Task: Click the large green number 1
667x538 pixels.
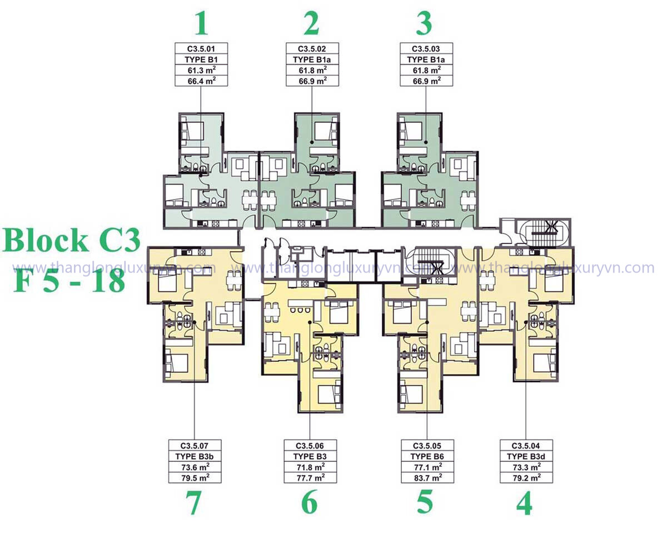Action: (201, 24)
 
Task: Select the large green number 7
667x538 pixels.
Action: (194, 502)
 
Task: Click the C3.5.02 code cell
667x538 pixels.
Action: (312, 49)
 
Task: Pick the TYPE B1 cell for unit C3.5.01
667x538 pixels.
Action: (201, 59)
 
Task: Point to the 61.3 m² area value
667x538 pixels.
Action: (201, 70)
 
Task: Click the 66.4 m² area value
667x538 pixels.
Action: (201, 81)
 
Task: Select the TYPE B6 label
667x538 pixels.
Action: (427, 456)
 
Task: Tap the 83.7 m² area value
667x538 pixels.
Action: (428, 477)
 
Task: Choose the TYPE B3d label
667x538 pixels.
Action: (526, 456)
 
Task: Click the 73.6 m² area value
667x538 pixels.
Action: (195, 467)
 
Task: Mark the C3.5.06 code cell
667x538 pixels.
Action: (310, 445)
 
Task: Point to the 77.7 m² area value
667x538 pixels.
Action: (310, 477)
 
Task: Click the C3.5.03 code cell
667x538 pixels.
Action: (426, 49)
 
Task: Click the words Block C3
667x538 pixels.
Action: (72, 241)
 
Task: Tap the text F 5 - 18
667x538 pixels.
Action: (69, 281)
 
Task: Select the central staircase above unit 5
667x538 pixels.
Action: (431, 261)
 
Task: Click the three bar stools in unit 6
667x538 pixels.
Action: (299, 310)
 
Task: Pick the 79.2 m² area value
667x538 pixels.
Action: (526, 477)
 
